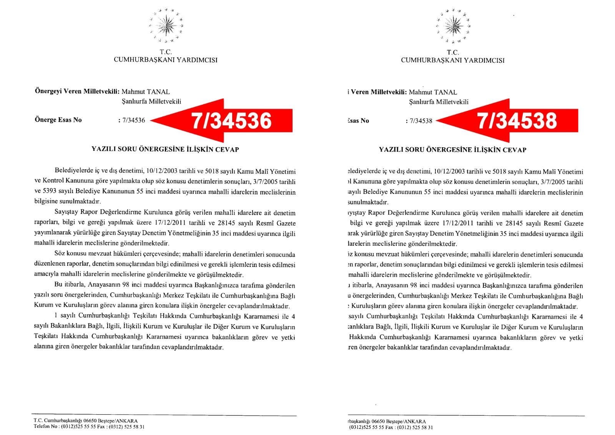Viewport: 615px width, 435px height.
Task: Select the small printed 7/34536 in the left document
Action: pos(133,120)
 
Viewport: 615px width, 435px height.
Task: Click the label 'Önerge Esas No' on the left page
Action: pos(58,120)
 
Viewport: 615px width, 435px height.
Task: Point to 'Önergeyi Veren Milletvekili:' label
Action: pos(76,92)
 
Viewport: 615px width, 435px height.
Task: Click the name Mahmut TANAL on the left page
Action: pos(145,92)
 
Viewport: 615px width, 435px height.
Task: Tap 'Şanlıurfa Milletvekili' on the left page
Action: pos(151,102)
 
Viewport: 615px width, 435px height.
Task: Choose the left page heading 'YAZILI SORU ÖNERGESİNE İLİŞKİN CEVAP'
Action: pos(165,149)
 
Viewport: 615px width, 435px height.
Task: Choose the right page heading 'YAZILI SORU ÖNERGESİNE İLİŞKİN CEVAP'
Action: pos(452,150)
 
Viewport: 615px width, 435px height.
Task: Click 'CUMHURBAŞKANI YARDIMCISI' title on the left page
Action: pos(165,60)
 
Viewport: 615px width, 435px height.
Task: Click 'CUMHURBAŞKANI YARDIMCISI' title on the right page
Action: pos(452,60)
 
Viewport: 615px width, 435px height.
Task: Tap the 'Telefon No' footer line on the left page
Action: pos(89,427)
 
